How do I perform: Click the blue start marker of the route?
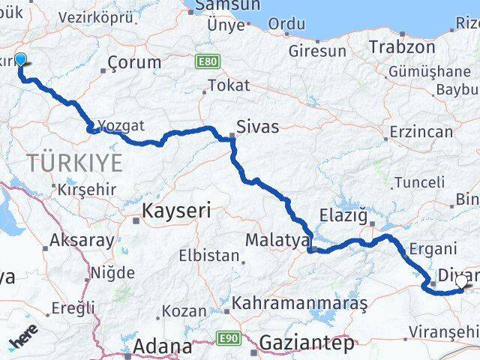point(19,61)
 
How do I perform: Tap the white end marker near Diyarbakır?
point(461,280)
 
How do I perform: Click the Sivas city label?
point(257,127)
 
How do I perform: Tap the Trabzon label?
point(401,46)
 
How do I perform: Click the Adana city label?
point(163,347)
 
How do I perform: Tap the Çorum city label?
point(134,62)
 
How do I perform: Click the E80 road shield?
point(208,59)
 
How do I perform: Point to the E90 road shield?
point(229,339)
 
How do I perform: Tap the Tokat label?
point(229,85)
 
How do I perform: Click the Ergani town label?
point(434,250)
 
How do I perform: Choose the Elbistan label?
point(208,255)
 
